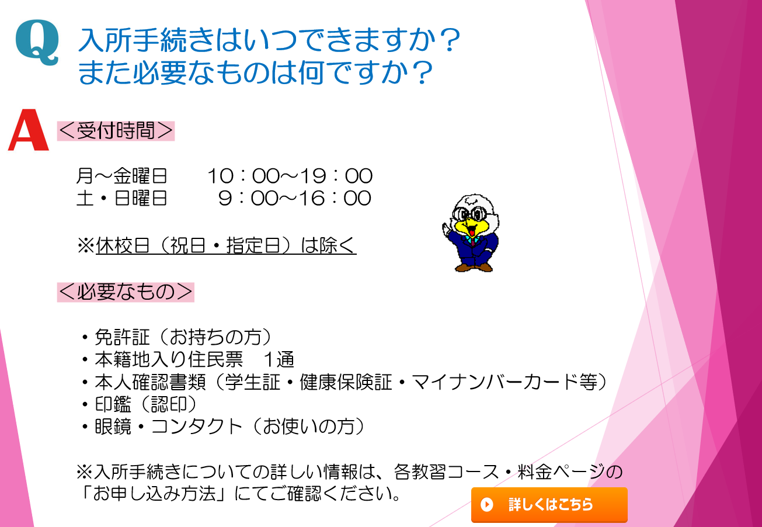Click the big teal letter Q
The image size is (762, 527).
(37, 41)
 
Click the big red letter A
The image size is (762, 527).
(29, 130)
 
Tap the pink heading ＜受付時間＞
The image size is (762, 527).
(116, 131)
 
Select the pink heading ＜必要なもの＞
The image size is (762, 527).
(126, 292)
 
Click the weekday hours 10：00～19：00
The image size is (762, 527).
(290, 176)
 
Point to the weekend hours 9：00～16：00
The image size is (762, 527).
(294, 198)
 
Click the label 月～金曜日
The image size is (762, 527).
(122, 176)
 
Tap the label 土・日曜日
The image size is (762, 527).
(122, 198)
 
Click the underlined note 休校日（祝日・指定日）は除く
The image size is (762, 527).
(226, 245)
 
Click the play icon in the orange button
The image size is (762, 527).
(487, 505)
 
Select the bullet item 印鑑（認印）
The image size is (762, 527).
(145, 404)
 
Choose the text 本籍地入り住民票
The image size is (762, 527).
(169, 359)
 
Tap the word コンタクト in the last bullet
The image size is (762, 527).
(197, 427)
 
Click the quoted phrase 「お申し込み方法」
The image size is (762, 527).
(154, 494)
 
